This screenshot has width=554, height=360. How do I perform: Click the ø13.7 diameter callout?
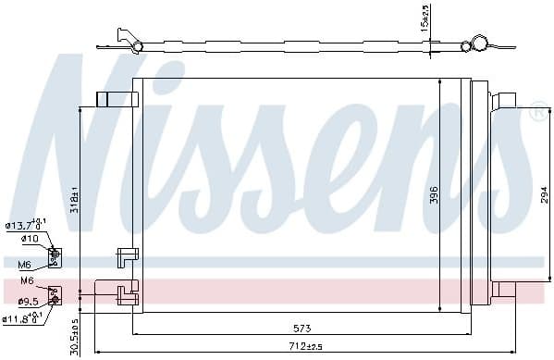(x=24, y=225)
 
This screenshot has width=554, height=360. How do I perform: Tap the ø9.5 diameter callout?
(x=28, y=301)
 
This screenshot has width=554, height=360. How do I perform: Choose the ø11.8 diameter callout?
(x=22, y=319)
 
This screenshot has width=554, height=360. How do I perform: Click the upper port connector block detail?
(x=55, y=254)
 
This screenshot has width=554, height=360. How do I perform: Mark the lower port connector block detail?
(x=55, y=294)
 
